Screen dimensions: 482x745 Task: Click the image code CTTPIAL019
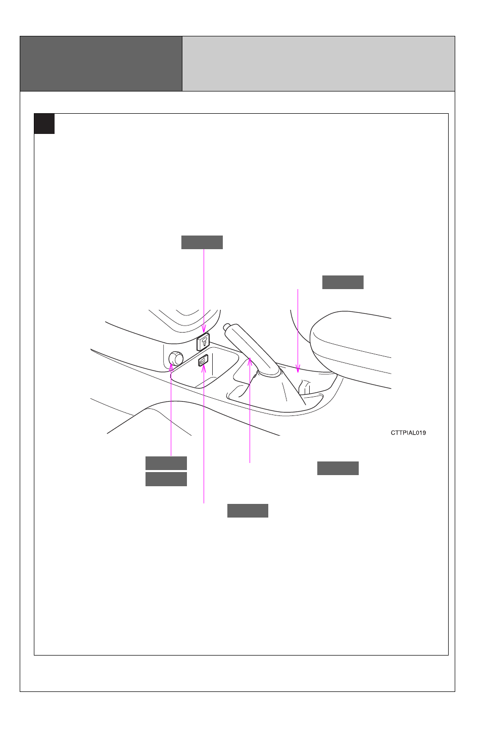[408, 433]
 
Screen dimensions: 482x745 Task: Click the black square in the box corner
[44, 124]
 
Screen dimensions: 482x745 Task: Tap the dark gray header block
[101, 64]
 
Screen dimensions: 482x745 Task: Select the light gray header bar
[318, 64]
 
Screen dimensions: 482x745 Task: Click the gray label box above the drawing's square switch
[202, 243]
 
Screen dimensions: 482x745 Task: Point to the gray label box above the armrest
[343, 283]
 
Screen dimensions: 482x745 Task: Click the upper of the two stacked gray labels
[166, 463]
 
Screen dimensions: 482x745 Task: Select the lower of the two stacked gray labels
[166, 479]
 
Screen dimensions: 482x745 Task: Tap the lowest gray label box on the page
[248, 511]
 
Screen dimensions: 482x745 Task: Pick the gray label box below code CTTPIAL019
[338, 469]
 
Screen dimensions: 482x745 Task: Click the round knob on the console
[176, 358]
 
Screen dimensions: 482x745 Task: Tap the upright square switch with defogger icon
[203, 342]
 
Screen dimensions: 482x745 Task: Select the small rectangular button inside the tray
[203, 360]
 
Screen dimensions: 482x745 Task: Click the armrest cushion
[351, 348]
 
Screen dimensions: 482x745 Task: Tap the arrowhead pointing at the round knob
[171, 367]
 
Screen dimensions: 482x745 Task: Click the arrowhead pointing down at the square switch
[204, 329]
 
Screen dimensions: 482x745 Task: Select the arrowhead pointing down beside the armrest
[298, 369]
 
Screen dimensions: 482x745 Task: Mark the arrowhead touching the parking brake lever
[250, 361]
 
